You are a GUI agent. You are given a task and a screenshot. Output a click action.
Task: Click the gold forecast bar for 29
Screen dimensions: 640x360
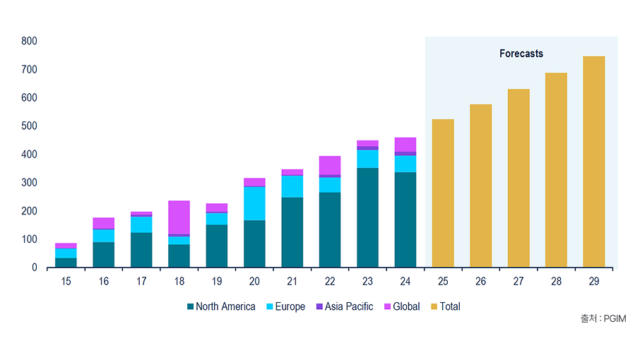pos(594,162)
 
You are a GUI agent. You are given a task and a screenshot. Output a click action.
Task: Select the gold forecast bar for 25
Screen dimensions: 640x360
pos(443,193)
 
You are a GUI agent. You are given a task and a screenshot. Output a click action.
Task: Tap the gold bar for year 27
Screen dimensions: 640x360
pos(518,178)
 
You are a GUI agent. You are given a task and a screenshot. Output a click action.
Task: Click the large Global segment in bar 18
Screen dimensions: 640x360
pos(179,218)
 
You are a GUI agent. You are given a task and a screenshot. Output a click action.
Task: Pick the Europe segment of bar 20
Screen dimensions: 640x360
pos(254,203)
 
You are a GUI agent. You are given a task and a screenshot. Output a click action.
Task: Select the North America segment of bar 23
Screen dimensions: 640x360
pos(367,218)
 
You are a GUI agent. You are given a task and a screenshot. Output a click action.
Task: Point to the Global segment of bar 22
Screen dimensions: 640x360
pos(330,165)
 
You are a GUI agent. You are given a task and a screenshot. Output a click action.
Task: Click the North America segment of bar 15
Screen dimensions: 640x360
pos(66,262)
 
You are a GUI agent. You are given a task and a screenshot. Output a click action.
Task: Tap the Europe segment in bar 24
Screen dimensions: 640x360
pos(405,164)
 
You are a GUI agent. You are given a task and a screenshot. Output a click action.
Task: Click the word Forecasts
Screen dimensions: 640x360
pos(521,53)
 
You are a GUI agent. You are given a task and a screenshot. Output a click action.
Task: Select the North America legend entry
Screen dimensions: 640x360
pos(221,307)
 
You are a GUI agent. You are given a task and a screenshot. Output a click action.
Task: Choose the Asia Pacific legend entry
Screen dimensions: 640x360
pos(345,307)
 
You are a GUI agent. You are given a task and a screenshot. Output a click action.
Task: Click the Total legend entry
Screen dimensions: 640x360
pos(446,307)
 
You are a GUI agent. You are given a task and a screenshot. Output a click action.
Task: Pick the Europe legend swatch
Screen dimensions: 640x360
pos(270,307)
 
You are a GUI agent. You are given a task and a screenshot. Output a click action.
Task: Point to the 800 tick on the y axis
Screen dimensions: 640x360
pos(29,41)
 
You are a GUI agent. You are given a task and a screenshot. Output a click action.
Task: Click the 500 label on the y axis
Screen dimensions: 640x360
pos(29,126)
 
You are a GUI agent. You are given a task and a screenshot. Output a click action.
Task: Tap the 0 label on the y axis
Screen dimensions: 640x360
pos(34,267)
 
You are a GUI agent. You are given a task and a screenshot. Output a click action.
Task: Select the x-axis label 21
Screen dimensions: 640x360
pos(292,281)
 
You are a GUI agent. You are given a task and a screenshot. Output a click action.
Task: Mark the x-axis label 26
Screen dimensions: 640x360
pos(480,281)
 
